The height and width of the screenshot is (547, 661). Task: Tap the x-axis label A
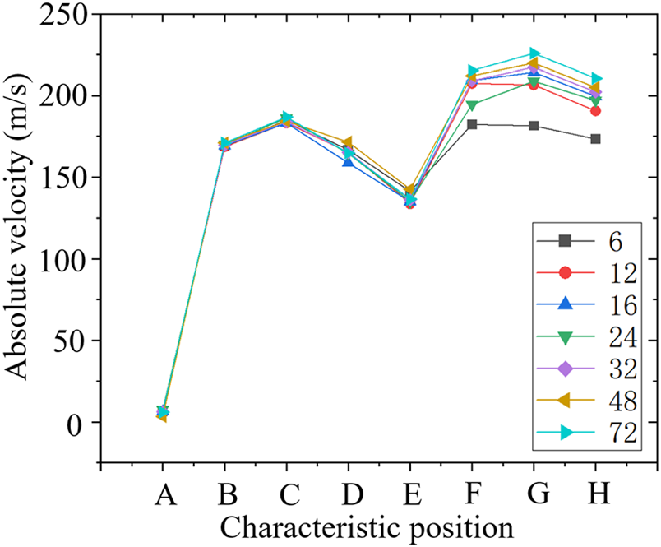pyautogui.click(x=164, y=494)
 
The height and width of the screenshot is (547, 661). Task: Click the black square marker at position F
pyautogui.click(x=472, y=124)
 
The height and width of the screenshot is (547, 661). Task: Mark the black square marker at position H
pyautogui.click(x=595, y=139)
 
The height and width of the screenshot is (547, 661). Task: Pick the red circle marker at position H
pyautogui.click(x=595, y=110)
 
